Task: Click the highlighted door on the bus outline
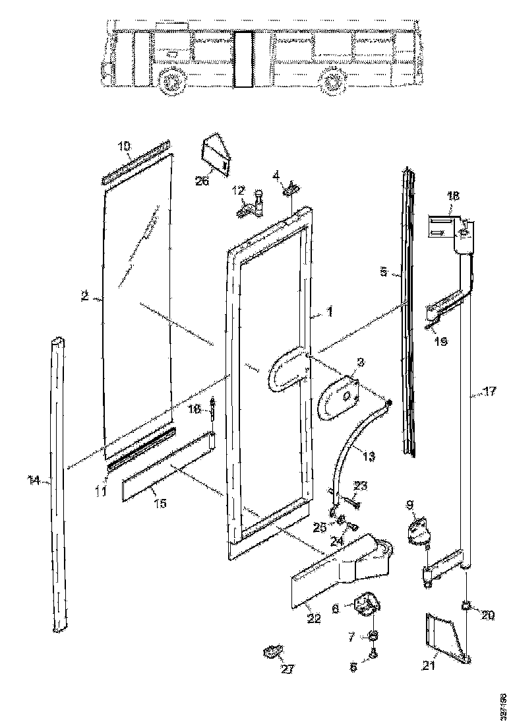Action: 245,59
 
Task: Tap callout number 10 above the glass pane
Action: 125,146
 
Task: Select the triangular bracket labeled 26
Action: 216,155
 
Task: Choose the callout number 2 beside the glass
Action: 85,297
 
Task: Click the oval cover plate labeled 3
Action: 338,397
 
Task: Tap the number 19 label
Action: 440,341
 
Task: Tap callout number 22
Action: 314,618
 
